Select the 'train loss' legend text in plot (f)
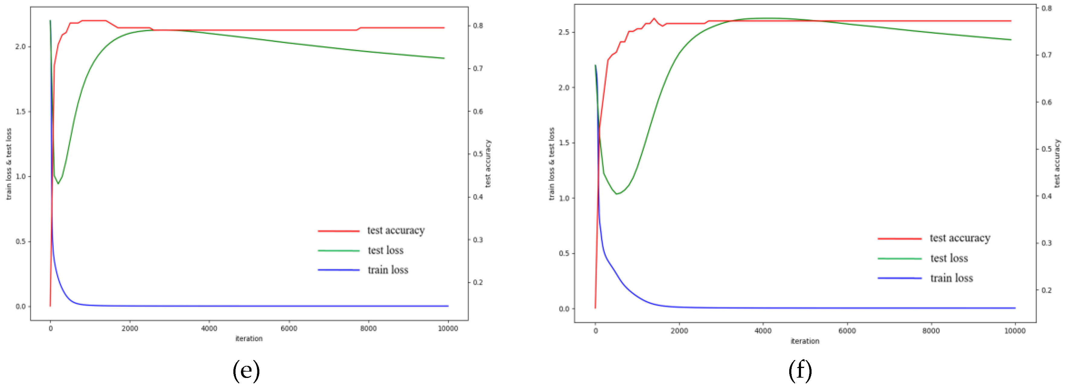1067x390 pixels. (951, 278)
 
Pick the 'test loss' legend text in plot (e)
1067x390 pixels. (385, 250)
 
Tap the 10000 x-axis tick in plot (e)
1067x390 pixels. (448, 328)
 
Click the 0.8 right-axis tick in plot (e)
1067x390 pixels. (478, 26)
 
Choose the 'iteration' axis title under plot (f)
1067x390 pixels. (805, 341)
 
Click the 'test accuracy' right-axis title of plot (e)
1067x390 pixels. (488, 163)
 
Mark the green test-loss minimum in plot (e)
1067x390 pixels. (58, 183)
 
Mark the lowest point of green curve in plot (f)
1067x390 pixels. (617, 194)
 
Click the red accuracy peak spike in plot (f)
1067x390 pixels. (654, 19)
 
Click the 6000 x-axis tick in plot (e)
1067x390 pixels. (289, 328)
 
